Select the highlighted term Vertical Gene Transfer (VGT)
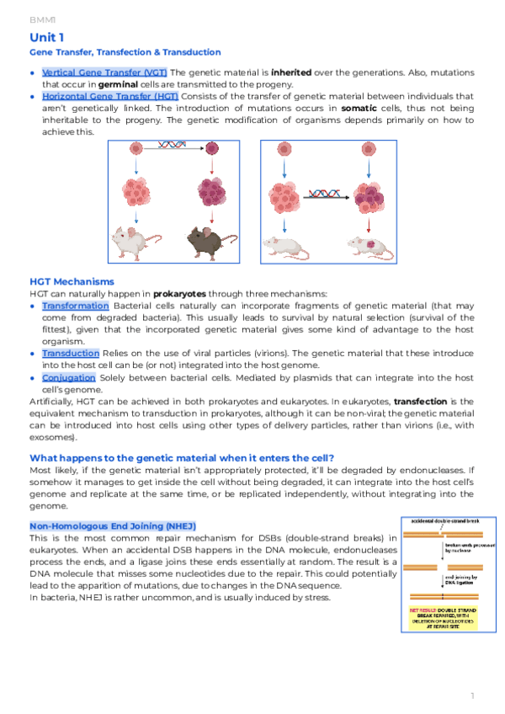[104, 72]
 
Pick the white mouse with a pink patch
[370, 245]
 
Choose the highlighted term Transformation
[76, 306]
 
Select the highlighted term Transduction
[71, 354]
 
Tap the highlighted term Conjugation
[69, 378]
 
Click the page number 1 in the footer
[473, 695]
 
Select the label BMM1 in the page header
[41, 18]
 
